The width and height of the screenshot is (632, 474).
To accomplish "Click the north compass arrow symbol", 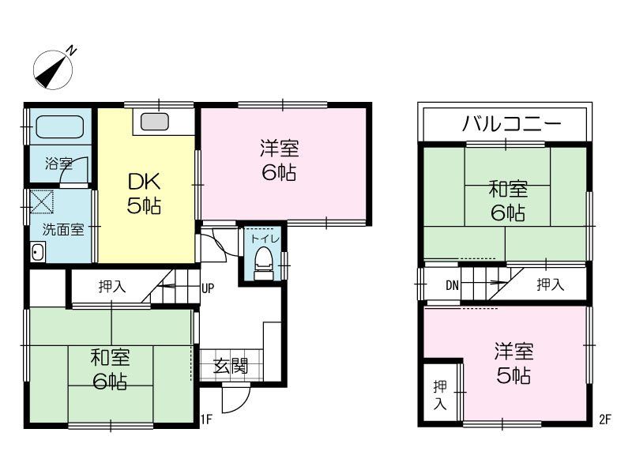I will (53, 68).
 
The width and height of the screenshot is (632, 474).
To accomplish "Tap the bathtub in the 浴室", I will (60, 127).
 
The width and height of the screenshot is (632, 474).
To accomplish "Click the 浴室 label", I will (58, 164).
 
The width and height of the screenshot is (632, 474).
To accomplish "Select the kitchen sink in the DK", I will (154, 122).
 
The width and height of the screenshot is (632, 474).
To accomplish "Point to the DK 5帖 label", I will (145, 194).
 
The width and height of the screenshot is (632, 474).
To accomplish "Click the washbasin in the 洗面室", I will (37, 253).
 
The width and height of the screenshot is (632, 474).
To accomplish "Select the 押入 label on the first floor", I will (111, 287).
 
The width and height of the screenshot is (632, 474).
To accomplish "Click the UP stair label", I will (208, 288).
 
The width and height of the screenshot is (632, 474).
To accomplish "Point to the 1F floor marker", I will (207, 419).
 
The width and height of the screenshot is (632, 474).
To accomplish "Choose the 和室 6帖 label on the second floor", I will (507, 201).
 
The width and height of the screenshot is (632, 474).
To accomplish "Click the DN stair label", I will (452, 285).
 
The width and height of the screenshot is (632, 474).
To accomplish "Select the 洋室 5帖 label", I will (513, 362).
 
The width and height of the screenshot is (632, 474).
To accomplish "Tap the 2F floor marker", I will (604, 419).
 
